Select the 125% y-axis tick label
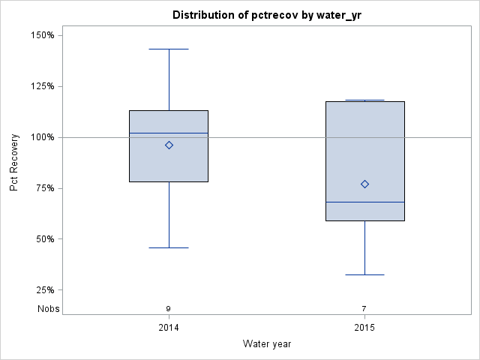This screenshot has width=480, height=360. (41, 86)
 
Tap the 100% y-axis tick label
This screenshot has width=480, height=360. (41, 137)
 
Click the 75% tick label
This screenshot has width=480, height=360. (43, 188)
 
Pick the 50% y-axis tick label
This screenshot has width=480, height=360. (43, 239)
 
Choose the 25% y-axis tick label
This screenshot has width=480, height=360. (43, 290)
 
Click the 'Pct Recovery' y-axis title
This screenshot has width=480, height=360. (14, 162)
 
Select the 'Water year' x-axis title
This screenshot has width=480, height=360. (267, 343)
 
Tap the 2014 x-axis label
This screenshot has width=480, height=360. (169, 328)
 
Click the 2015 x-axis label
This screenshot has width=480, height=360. (364, 328)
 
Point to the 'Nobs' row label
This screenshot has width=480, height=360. (49, 309)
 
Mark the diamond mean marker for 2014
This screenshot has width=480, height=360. (169, 145)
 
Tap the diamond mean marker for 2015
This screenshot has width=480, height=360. (364, 184)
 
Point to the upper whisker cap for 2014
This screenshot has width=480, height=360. (169, 49)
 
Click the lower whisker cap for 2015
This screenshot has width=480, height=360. (364, 274)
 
